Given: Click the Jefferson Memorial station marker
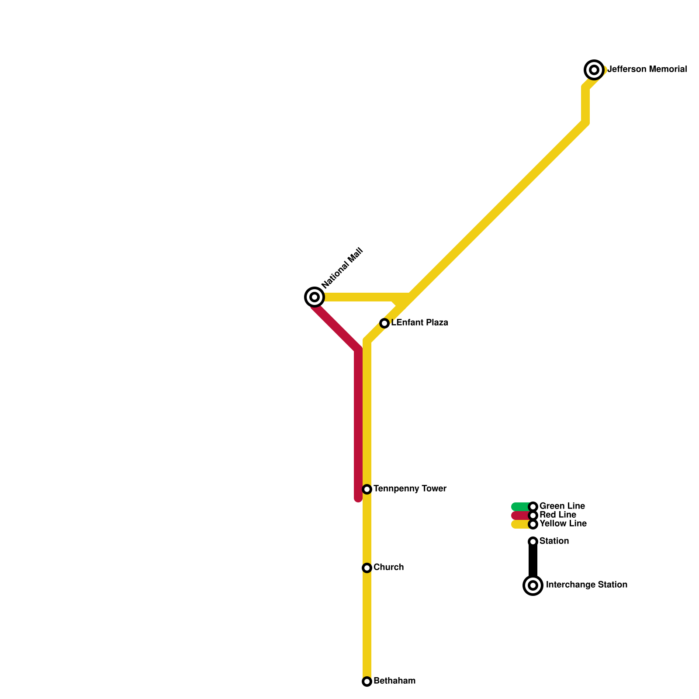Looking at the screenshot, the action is [x=594, y=69].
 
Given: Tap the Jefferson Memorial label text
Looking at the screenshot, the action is [x=647, y=69].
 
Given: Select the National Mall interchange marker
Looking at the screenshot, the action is [x=314, y=297].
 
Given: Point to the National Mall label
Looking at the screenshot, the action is [x=342, y=268].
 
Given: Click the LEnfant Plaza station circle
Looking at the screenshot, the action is [x=384, y=323].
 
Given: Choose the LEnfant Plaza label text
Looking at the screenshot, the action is [x=419, y=323].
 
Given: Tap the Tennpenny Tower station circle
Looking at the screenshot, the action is [x=367, y=489].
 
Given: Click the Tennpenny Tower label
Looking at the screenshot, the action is [x=410, y=489].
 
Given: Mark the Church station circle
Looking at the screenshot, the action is [x=367, y=568].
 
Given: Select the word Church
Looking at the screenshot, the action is [x=388, y=568].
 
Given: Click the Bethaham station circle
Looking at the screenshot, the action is [x=367, y=682].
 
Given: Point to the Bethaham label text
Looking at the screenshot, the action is [x=394, y=681].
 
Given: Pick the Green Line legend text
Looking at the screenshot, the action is [x=562, y=506].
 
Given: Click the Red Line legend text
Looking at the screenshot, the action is [x=557, y=515].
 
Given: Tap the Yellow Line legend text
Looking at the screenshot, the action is [x=563, y=524].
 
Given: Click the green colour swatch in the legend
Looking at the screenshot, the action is [x=520, y=507].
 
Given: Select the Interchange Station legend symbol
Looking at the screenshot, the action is [x=533, y=585].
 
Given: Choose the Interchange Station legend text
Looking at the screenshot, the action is [x=586, y=585].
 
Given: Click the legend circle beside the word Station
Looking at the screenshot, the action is [x=533, y=542].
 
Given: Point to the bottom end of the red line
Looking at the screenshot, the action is [x=358, y=498].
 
